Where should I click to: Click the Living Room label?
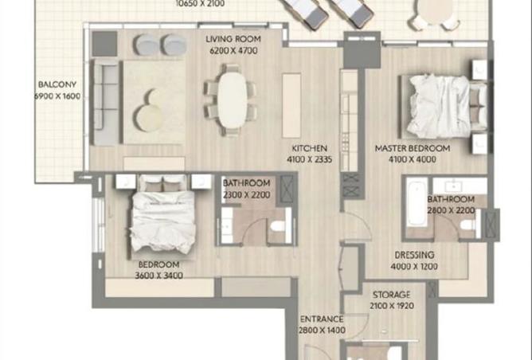coord(229,38)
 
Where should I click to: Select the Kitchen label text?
coord(309,148)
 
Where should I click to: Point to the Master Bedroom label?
coord(413,148)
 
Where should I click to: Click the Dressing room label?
coord(414,256)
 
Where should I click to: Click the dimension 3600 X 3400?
coord(158,276)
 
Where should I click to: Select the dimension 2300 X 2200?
coord(246,193)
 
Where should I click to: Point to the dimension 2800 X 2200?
coord(452,210)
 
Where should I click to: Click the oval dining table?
coord(232,99)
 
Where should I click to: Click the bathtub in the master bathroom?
coord(414,209)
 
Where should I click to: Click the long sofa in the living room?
coord(105,102)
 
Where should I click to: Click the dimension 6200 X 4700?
coord(229,49)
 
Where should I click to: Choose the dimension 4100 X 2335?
coord(309,158)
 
